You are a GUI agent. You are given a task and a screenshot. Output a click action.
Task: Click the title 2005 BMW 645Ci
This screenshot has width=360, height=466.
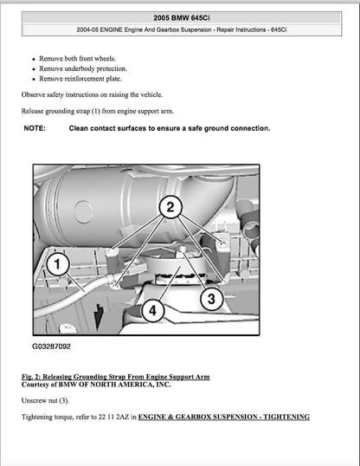coord(179,17)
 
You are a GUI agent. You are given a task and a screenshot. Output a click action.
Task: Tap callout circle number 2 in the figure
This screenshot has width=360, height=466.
coord(170,206)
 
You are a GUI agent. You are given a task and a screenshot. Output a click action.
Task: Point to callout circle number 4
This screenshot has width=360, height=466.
coord(152,308)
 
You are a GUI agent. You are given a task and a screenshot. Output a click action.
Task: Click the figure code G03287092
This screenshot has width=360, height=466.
coord(52,346)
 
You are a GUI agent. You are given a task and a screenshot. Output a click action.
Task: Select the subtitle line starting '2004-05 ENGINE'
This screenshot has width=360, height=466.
coord(179,32)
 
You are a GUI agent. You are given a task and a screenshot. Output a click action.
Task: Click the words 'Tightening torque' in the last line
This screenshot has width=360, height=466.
coord(48,417)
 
